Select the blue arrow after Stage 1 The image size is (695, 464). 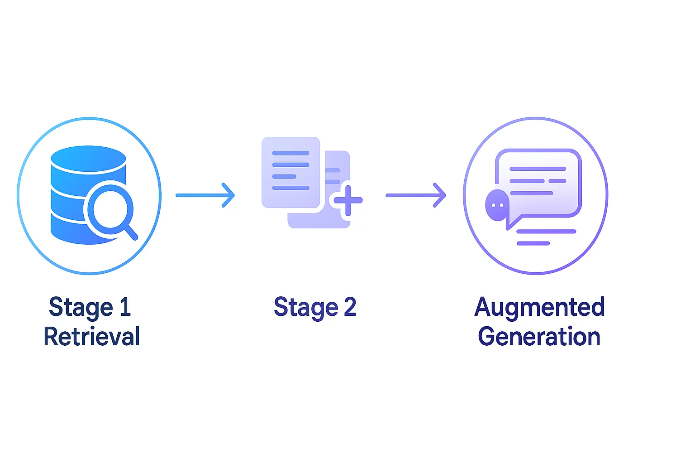tap(205, 195)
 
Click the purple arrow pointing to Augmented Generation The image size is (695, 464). tap(416, 195)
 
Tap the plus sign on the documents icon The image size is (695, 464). tap(347, 200)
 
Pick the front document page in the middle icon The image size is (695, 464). tap(290, 173)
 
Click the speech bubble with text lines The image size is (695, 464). tap(538, 181)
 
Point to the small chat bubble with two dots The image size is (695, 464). tap(497, 205)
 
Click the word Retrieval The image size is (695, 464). tap(91, 337)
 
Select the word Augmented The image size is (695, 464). tap(539, 307)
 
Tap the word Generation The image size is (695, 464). tap(539, 337)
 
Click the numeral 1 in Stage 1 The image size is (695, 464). tap(125, 307)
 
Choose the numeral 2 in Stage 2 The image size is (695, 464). tap(350, 307)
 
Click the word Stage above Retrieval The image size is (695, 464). tap(81, 307)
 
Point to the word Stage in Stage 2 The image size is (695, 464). tap(306, 307)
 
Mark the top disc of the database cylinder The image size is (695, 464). tap(88, 158)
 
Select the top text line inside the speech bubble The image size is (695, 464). tap(538, 169)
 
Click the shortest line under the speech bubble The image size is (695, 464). tap(533, 243)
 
